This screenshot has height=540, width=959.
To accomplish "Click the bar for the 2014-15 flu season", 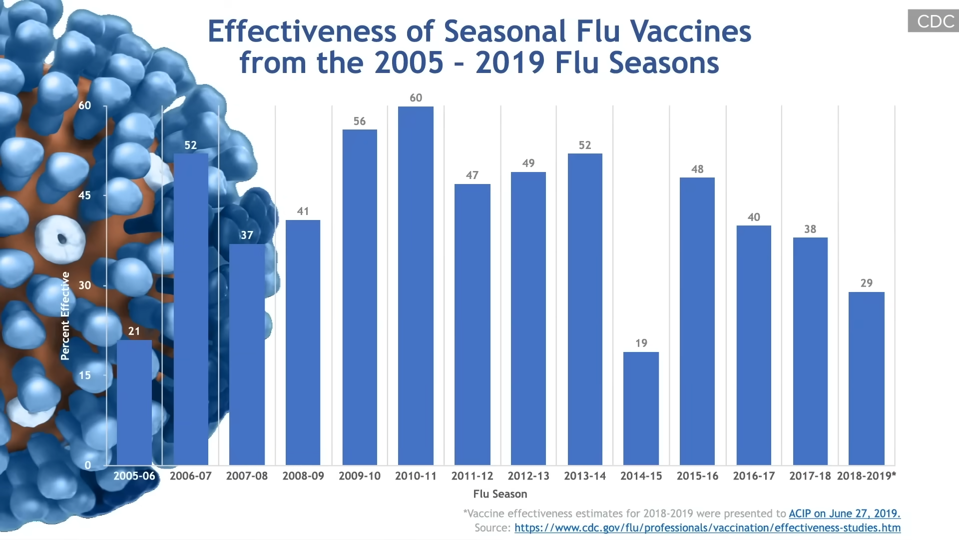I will coord(641,408).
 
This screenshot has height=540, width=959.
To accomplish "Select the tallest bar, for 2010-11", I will coord(416,285).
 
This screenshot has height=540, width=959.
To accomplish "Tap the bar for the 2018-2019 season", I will coord(866,378).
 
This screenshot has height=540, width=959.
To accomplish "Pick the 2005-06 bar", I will coord(134,402).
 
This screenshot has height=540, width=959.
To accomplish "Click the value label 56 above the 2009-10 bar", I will coord(360,121).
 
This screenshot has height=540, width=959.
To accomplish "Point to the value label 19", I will coord(641,343).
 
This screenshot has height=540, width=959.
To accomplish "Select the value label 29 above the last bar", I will coord(867,283).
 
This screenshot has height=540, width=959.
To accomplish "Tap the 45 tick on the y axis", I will coord(85,195).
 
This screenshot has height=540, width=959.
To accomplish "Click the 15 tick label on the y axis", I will coord(85,375).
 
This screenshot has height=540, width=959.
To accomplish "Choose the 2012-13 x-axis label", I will coord(528,476).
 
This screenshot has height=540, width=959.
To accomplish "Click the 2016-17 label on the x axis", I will coord(754,476).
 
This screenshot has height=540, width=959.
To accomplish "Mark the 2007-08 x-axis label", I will coord(247,476).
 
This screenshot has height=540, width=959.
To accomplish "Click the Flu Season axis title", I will coord(500,494).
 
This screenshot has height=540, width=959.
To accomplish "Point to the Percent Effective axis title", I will coord(65,316).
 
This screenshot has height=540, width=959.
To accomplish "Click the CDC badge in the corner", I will coord(933,21).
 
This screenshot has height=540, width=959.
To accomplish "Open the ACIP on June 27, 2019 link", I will coord(844,513).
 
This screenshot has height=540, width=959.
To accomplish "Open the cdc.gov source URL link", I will coord(707,528).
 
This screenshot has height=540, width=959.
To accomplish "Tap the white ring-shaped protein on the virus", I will coord(60,239).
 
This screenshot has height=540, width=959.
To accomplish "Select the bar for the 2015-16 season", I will coord(697,321).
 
